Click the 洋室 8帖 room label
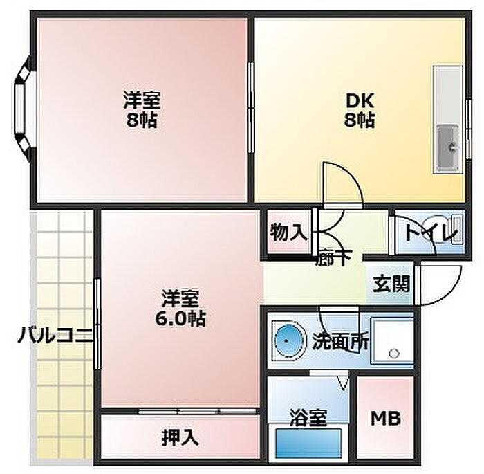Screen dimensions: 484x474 (142, 110)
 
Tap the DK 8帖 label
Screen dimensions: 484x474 (360, 110)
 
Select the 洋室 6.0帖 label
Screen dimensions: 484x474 (181, 309)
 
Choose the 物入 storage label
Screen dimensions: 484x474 (288, 233)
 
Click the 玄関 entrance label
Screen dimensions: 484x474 (391, 283)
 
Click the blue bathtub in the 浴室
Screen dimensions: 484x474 (309, 443)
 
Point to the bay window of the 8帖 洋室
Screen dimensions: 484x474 (22, 109)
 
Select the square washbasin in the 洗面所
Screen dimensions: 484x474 (391, 340)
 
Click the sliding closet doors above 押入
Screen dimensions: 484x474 (198, 412)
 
